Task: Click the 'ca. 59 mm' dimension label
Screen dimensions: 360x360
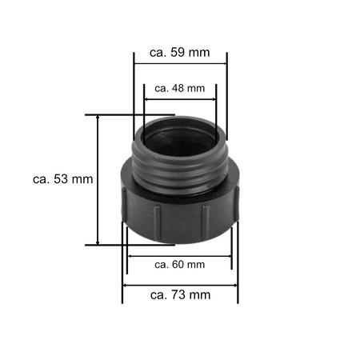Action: (180, 54)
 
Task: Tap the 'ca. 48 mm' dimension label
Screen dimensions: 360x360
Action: (180, 88)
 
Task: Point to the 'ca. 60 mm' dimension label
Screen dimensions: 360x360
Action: (179, 264)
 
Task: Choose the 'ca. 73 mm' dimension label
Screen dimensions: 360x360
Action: (180, 294)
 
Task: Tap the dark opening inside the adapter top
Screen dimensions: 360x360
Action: (180, 128)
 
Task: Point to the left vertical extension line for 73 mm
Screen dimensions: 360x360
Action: (122, 272)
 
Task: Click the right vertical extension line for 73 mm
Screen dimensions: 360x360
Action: (238, 272)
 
